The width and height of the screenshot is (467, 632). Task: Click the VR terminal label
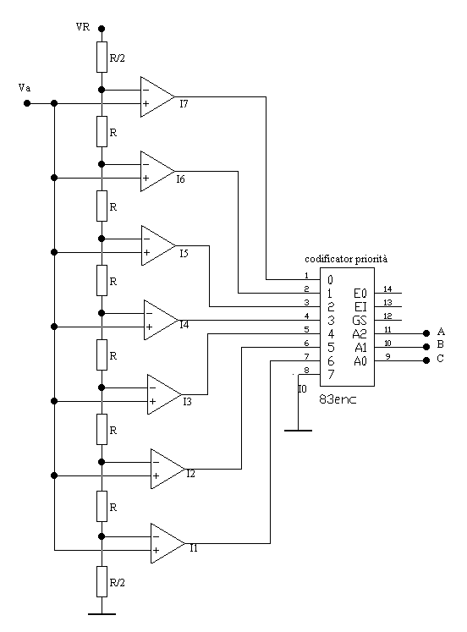click(x=83, y=27)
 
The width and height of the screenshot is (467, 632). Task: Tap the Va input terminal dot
click(x=27, y=103)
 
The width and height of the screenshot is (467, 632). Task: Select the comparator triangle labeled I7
click(x=157, y=96)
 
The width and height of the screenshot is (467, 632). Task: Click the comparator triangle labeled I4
click(x=162, y=320)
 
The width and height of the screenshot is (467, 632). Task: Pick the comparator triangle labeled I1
click(x=168, y=543)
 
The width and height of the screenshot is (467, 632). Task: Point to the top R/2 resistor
click(x=102, y=57)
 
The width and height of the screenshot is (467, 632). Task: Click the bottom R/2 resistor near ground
click(x=102, y=581)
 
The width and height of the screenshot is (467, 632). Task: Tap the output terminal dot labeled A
click(x=426, y=333)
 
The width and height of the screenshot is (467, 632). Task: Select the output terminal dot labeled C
click(x=426, y=360)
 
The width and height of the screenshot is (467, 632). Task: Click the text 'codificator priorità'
click(x=346, y=259)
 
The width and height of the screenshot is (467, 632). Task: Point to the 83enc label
click(x=338, y=399)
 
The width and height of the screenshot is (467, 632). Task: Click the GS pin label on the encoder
click(x=360, y=321)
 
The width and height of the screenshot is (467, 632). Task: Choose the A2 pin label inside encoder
click(x=360, y=333)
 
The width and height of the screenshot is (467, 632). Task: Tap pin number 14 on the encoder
click(x=387, y=289)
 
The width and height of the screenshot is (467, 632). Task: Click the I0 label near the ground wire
click(x=302, y=389)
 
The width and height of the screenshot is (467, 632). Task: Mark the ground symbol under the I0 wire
click(x=298, y=431)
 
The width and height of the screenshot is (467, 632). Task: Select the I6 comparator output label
click(x=180, y=179)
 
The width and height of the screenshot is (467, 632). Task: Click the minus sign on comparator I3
click(x=152, y=387)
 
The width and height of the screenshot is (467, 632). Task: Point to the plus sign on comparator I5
click(x=146, y=253)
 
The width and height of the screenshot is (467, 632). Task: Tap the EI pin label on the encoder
click(x=360, y=307)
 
